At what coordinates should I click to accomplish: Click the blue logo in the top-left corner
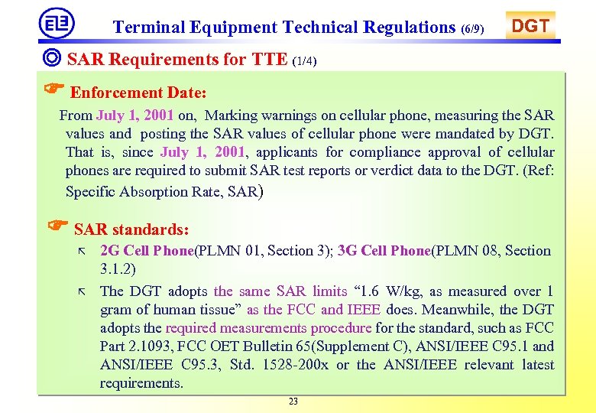pyautogui.click(x=57, y=23)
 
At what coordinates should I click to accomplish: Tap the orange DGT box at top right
pyautogui.click(x=530, y=26)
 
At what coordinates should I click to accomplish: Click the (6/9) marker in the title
pyautogui.click(x=472, y=30)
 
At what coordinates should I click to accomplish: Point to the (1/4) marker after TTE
pyautogui.click(x=304, y=61)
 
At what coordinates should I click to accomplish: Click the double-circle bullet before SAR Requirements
pyautogui.click(x=53, y=59)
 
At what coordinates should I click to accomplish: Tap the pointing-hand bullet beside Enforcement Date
pyautogui.click(x=54, y=90)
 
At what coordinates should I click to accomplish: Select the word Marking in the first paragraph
pyautogui.click(x=232, y=116)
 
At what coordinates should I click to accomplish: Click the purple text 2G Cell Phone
pyautogui.click(x=147, y=251)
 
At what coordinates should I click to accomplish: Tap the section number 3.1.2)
pyautogui.click(x=118, y=269)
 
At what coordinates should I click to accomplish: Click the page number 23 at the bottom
pyautogui.click(x=293, y=402)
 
